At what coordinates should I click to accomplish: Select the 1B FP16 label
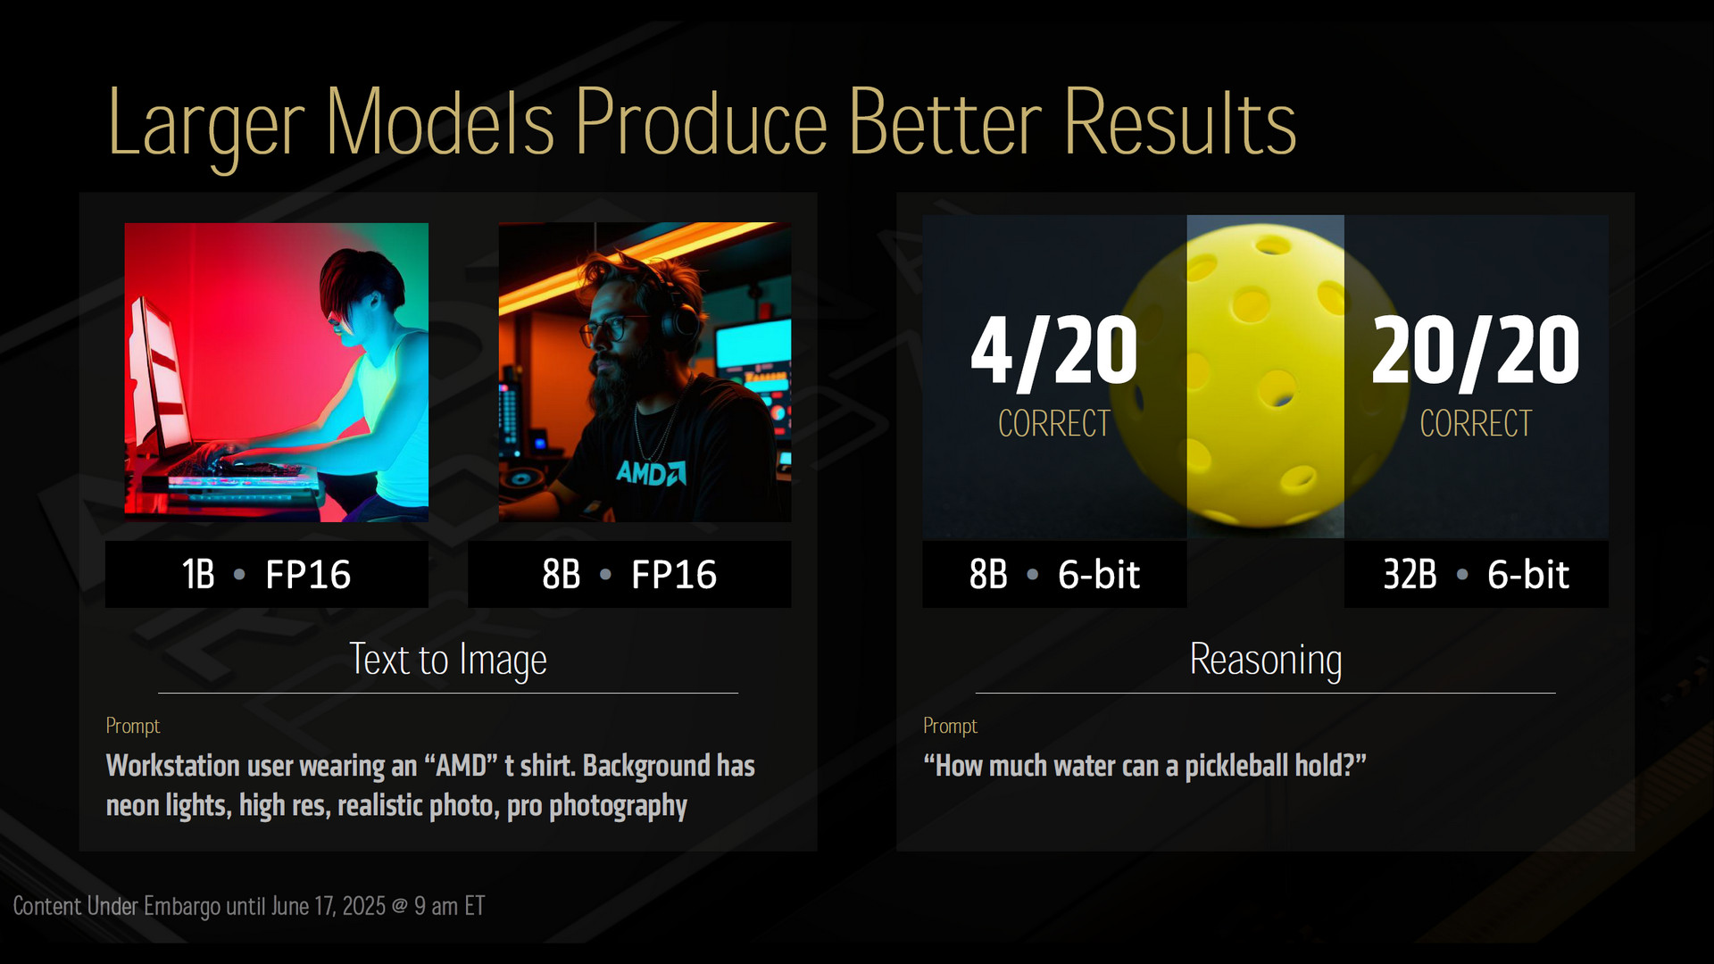coord(266,574)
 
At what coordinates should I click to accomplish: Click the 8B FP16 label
coord(629,574)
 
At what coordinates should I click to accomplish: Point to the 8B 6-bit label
coord(1054,574)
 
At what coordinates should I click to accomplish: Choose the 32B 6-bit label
coord(1477,574)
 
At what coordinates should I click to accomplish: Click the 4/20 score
coord(1054,352)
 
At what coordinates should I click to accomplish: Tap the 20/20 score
coord(1476,352)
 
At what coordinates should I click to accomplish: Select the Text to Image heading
coord(448,661)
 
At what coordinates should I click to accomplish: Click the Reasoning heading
coord(1266,661)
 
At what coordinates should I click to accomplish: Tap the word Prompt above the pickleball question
coord(950,726)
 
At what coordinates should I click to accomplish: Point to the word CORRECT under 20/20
coord(1476,423)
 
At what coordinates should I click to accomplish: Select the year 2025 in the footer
coord(364,906)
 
